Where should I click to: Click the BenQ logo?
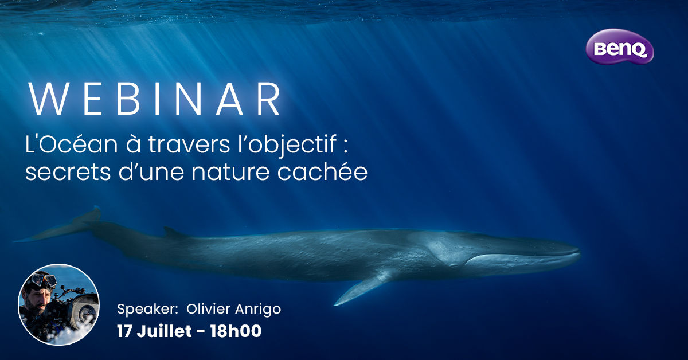click(x=620, y=46)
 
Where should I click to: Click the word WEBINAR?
click(x=154, y=99)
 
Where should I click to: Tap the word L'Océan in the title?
click(x=71, y=144)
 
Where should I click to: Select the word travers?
click(x=189, y=145)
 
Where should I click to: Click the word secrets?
click(x=68, y=173)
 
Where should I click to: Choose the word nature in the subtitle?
click(x=230, y=173)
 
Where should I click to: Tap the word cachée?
click(x=322, y=171)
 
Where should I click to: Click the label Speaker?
click(x=147, y=310)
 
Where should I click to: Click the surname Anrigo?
click(x=258, y=310)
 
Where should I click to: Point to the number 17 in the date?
click(x=124, y=331)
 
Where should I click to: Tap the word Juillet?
click(x=165, y=331)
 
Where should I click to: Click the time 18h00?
click(x=236, y=331)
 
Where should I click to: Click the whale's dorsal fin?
click(x=174, y=233)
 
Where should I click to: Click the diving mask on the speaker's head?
click(x=45, y=280)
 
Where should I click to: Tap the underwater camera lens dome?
click(x=84, y=311)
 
